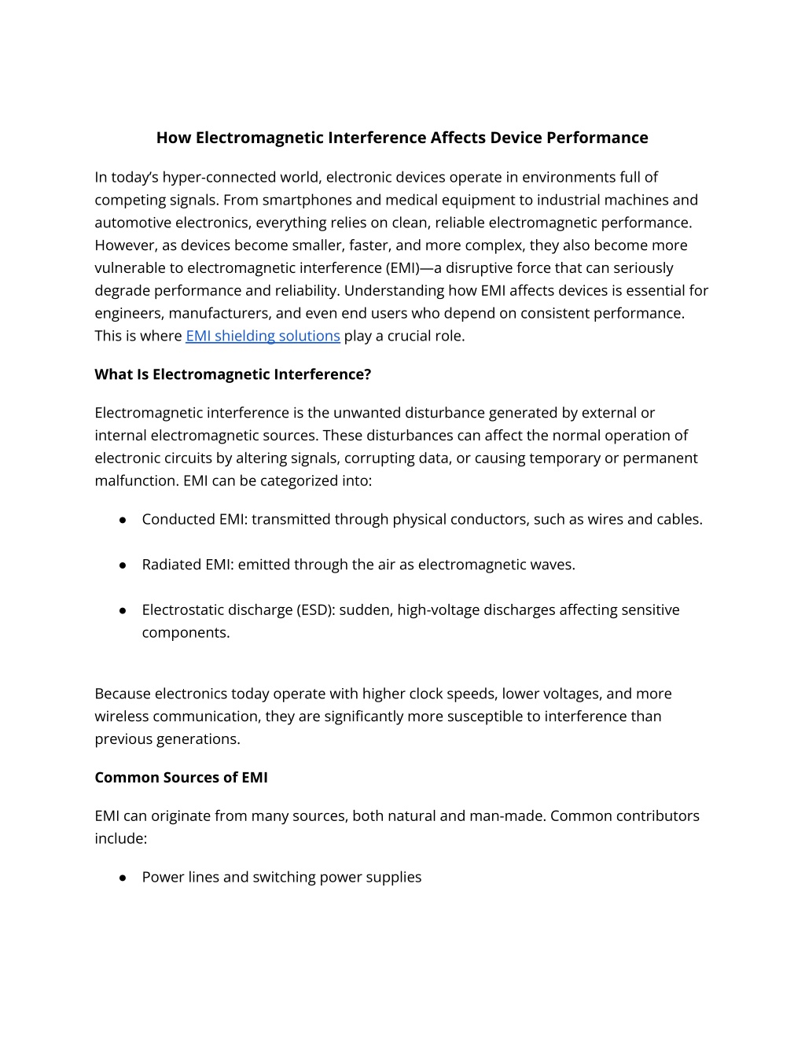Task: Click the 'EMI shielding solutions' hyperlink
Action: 263,336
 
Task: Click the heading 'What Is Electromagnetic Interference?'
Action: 233,374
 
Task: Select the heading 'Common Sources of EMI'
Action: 181,777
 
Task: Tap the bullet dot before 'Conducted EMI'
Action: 123,520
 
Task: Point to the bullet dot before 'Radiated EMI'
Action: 123,565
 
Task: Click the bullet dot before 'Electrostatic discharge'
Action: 123,610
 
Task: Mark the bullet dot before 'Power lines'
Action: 123,878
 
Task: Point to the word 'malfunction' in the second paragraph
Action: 134,480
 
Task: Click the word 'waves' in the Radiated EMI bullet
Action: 553,565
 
